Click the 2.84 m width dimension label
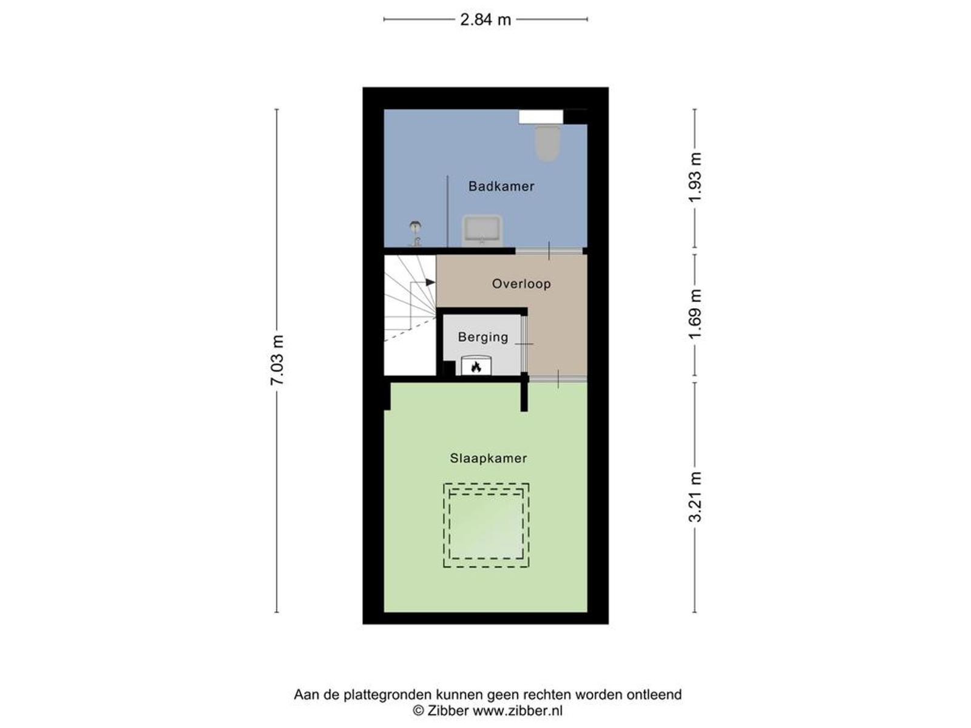pyautogui.click(x=486, y=20)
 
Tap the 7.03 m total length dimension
pyautogui.click(x=277, y=360)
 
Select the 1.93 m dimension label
pyautogui.click(x=695, y=177)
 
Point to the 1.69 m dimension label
pyautogui.click(x=695, y=314)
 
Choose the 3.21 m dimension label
pyautogui.click(x=695, y=497)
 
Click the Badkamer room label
pyautogui.click(x=501, y=186)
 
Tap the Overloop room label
pyautogui.click(x=521, y=284)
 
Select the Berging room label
pyautogui.click(x=483, y=337)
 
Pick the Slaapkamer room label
pyautogui.click(x=489, y=459)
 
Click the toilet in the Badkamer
pyautogui.click(x=547, y=143)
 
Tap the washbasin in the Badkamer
pyautogui.click(x=482, y=231)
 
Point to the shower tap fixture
pyautogui.click(x=415, y=234)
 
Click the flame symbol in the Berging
pyautogui.click(x=476, y=366)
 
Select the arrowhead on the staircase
pyautogui.click(x=430, y=282)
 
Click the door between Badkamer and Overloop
pyautogui.click(x=549, y=251)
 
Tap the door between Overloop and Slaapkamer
pyautogui.click(x=558, y=379)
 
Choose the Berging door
pyautogui.click(x=524, y=344)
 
